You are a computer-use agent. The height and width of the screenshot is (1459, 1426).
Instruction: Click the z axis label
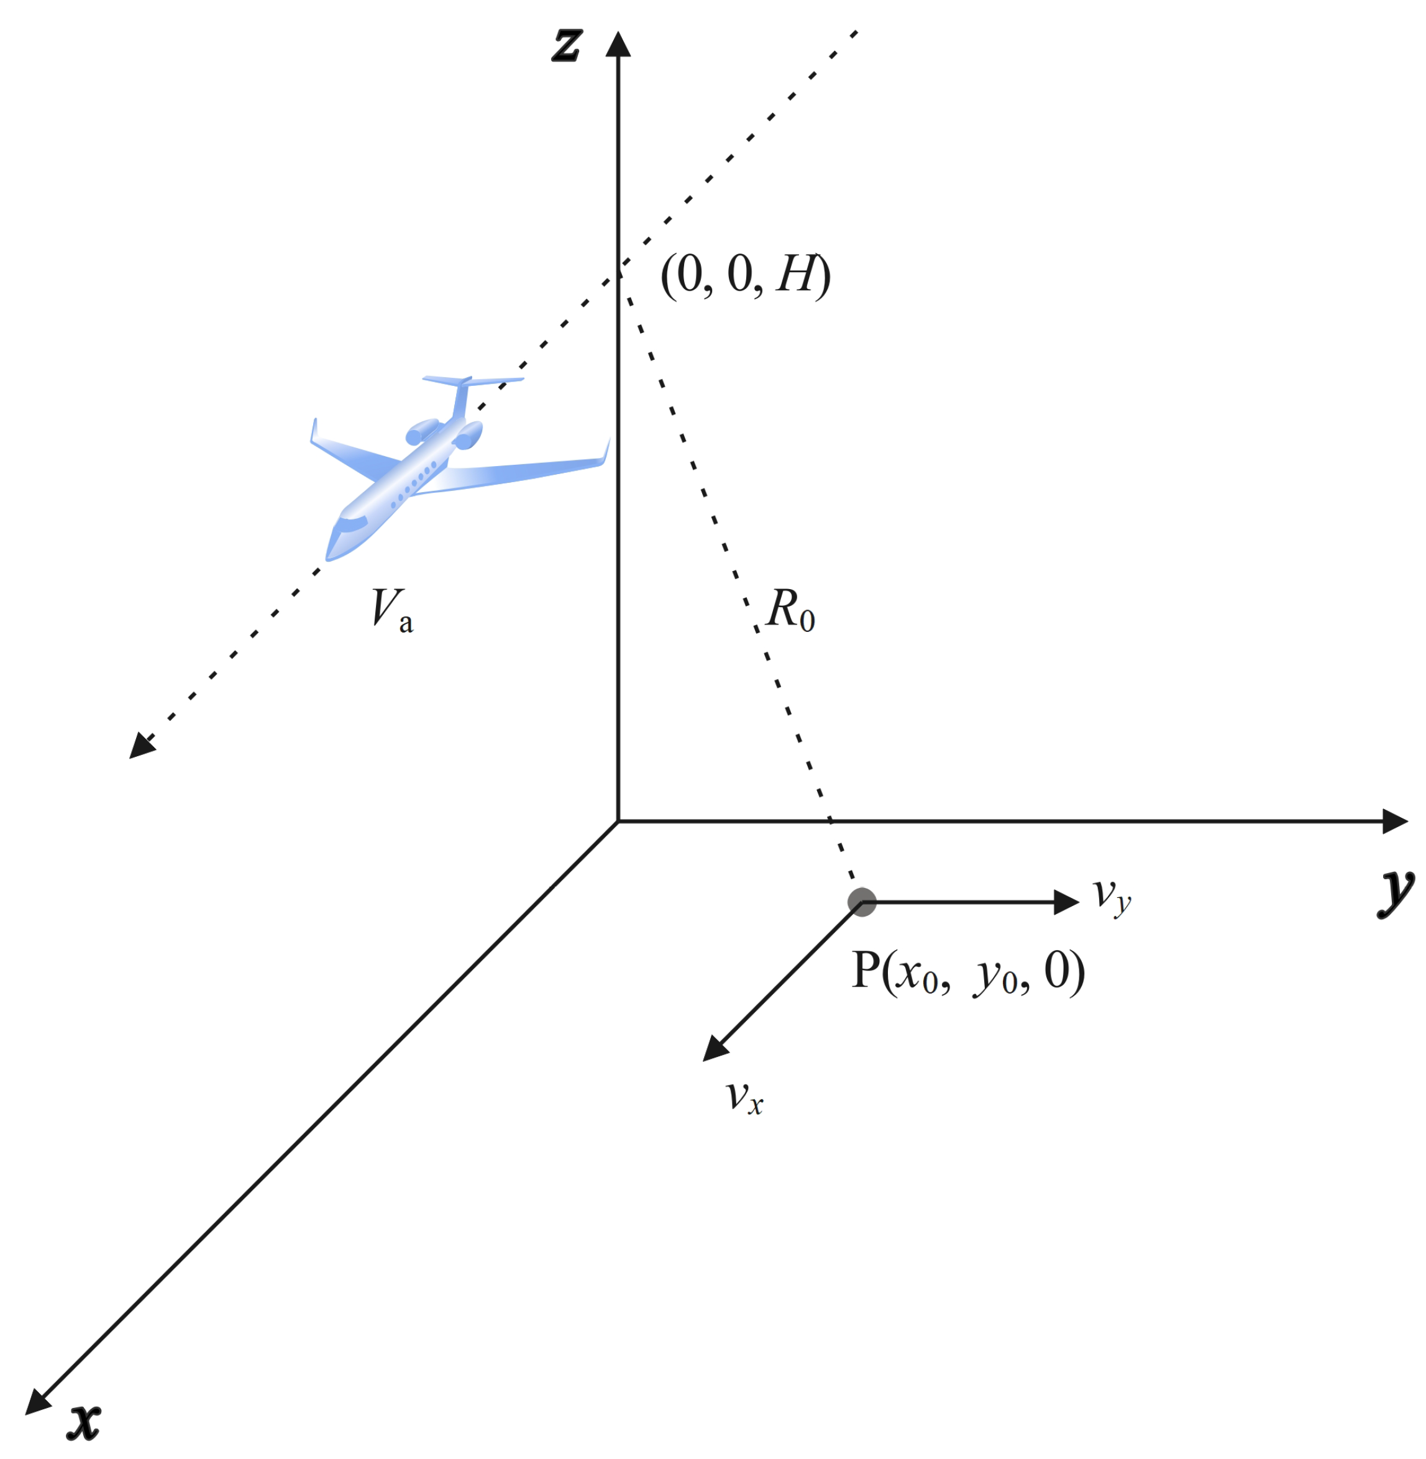(x=566, y=44)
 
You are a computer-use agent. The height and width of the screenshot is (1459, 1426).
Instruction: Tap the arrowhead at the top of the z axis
(x=618, y=43)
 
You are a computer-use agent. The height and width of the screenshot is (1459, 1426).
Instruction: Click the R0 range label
(x=791, y=610)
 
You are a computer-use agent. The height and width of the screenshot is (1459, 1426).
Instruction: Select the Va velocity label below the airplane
(x=391, y=610)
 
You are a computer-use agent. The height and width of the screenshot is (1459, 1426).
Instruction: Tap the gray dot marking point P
(x=862, y=902)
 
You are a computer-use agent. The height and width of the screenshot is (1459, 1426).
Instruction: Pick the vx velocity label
(x=744, y=1097)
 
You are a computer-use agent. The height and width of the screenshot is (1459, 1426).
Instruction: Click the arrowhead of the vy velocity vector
(x=1066, y=902)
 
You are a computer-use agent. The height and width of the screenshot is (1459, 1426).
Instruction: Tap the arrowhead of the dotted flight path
(x=142, y=746)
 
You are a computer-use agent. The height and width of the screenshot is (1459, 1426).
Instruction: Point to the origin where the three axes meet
(x=618, y=821)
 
